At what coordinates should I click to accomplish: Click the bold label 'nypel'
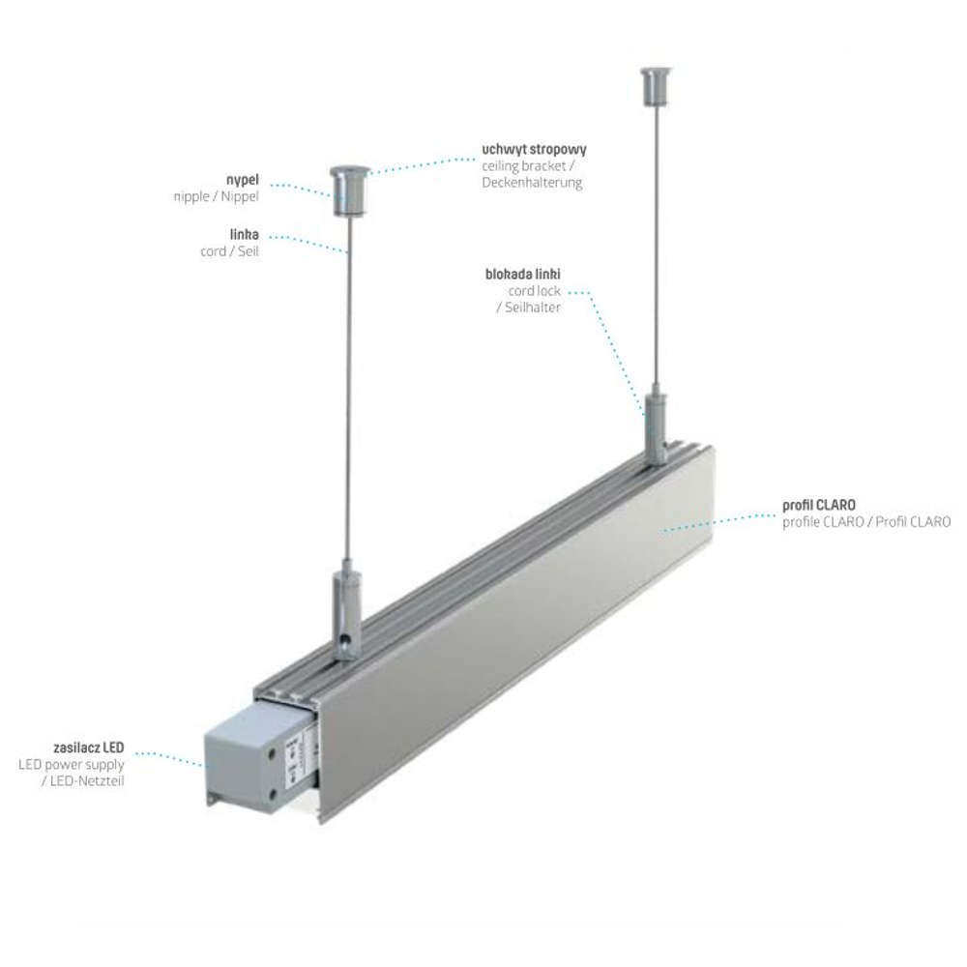(x=243, y=180)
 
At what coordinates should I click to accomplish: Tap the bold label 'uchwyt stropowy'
(x=534, y=149)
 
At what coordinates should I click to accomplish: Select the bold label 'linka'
(x=245, y=234)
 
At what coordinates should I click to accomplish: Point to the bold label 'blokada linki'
(x=523, y=274)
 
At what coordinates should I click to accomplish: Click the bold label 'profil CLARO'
(x=819, y=505)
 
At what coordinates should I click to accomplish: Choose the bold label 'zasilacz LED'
(x=89, y=747)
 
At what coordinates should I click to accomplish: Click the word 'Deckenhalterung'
(x=532, y=183)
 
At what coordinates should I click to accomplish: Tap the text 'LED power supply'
(x=71, y=765)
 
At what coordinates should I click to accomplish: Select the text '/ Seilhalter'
(x=529, y=308)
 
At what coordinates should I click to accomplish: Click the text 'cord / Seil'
(x=229, y=251)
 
